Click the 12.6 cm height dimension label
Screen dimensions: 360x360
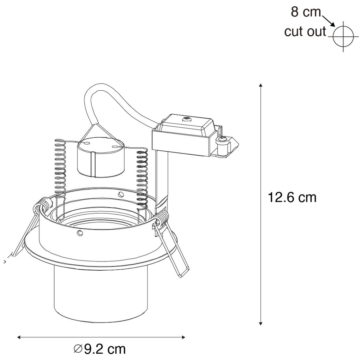point(292,197)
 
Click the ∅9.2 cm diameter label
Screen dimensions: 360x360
point(100,349)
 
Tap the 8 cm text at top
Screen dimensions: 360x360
point(306,12)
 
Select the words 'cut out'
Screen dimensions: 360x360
point(305,31)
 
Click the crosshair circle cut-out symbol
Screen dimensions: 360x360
point(343,36)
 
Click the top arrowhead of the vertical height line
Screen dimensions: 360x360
point(260,86)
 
